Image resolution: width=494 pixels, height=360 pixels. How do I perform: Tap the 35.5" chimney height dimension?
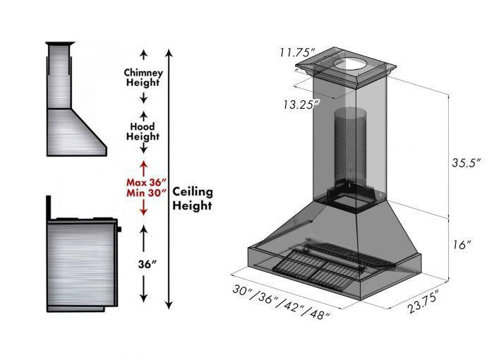pos(466,162)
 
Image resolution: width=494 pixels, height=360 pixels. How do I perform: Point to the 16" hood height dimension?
pos(462,245)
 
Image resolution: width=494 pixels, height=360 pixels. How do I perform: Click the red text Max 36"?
pos(143,180)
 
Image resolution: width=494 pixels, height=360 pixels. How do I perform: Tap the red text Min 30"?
pos(143,192)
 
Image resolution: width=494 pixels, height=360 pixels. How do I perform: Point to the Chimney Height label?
pos(143,77)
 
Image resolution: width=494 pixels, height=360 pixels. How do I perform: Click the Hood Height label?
pos(143,131)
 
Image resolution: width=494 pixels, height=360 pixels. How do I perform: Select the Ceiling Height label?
pos(193,198)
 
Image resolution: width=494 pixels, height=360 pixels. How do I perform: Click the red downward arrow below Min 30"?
pos(143,207)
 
